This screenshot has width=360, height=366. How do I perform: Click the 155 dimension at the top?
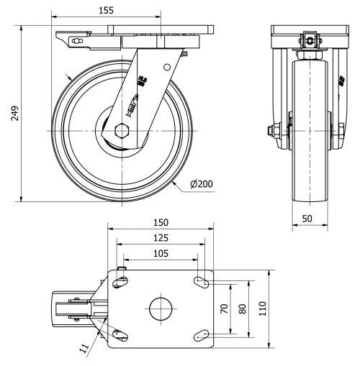(x=104, y=12)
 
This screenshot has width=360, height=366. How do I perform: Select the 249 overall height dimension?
(x=14, y=114)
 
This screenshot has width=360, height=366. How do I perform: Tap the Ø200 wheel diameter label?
(x=202, y=184)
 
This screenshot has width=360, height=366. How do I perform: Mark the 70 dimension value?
(x=224, y=308)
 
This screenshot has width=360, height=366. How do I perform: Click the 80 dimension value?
(x=243, y=308)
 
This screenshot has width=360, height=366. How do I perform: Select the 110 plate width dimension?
(x=262, y=308)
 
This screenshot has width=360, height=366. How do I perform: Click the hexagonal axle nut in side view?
(x=120, y=132)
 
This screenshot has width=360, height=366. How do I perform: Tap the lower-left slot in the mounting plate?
(x=117, y=334)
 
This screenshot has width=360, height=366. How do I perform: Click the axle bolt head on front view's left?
(x=274, y=131)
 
